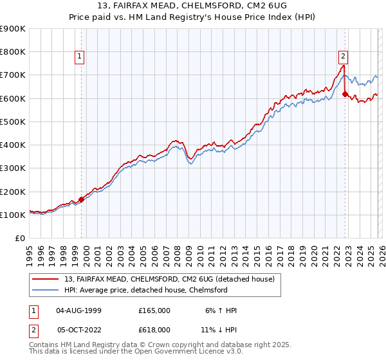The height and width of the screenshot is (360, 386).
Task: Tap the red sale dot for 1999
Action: [x=82, y=199]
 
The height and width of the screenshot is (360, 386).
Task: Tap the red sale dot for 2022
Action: [x=345, y=94]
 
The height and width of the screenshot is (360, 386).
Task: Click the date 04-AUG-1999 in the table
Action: [x=82, y=310]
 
